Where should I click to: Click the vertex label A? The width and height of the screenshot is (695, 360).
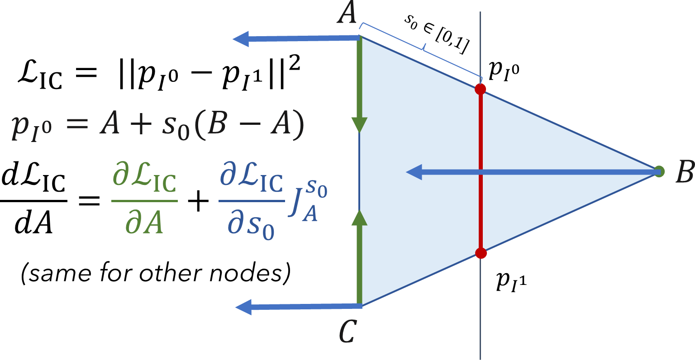(x=347, y=14)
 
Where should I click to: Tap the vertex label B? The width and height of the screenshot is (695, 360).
(x=684, y=172)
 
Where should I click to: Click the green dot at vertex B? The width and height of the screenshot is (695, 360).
(x=659, y=171)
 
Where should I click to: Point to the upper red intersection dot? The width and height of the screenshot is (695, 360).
(x=481, y=89)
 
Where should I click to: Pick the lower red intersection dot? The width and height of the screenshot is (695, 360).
(x=481, y=253)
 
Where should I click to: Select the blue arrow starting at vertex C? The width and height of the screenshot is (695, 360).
(x=299, y=307)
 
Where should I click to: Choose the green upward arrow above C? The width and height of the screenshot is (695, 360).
(x=360, y=258)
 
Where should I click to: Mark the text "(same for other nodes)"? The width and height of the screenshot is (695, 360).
(x=155, y=273)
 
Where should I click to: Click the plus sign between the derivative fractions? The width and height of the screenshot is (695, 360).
(x=197, y=204)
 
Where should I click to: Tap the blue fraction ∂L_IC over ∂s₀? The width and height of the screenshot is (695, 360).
(x=252, y=204)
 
